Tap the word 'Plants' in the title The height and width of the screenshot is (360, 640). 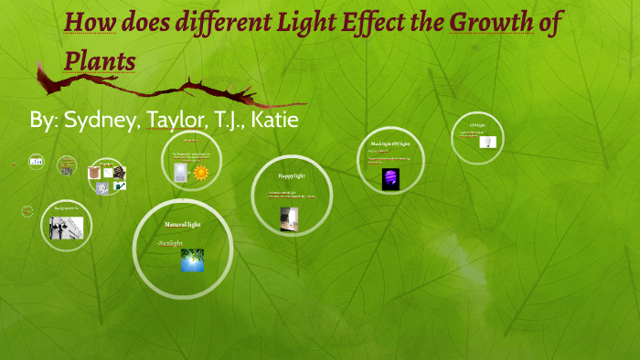[x=100, y=60]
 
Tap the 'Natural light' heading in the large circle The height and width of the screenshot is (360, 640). [x=182, y=224]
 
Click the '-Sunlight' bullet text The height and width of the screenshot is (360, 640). [x=170, y=243]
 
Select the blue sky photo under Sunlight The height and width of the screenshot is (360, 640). [x=192, y=259]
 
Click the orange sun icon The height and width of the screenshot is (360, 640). [x=200, y=172]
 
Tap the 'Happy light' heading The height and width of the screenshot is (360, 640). [x=292, y=175]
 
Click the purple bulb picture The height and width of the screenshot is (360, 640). [x=391, y=179]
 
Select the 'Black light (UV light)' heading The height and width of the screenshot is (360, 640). [x=390, y=144]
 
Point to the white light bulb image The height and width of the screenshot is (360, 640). [x=489, y=143]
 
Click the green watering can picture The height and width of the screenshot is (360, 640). [x=120, y=185]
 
